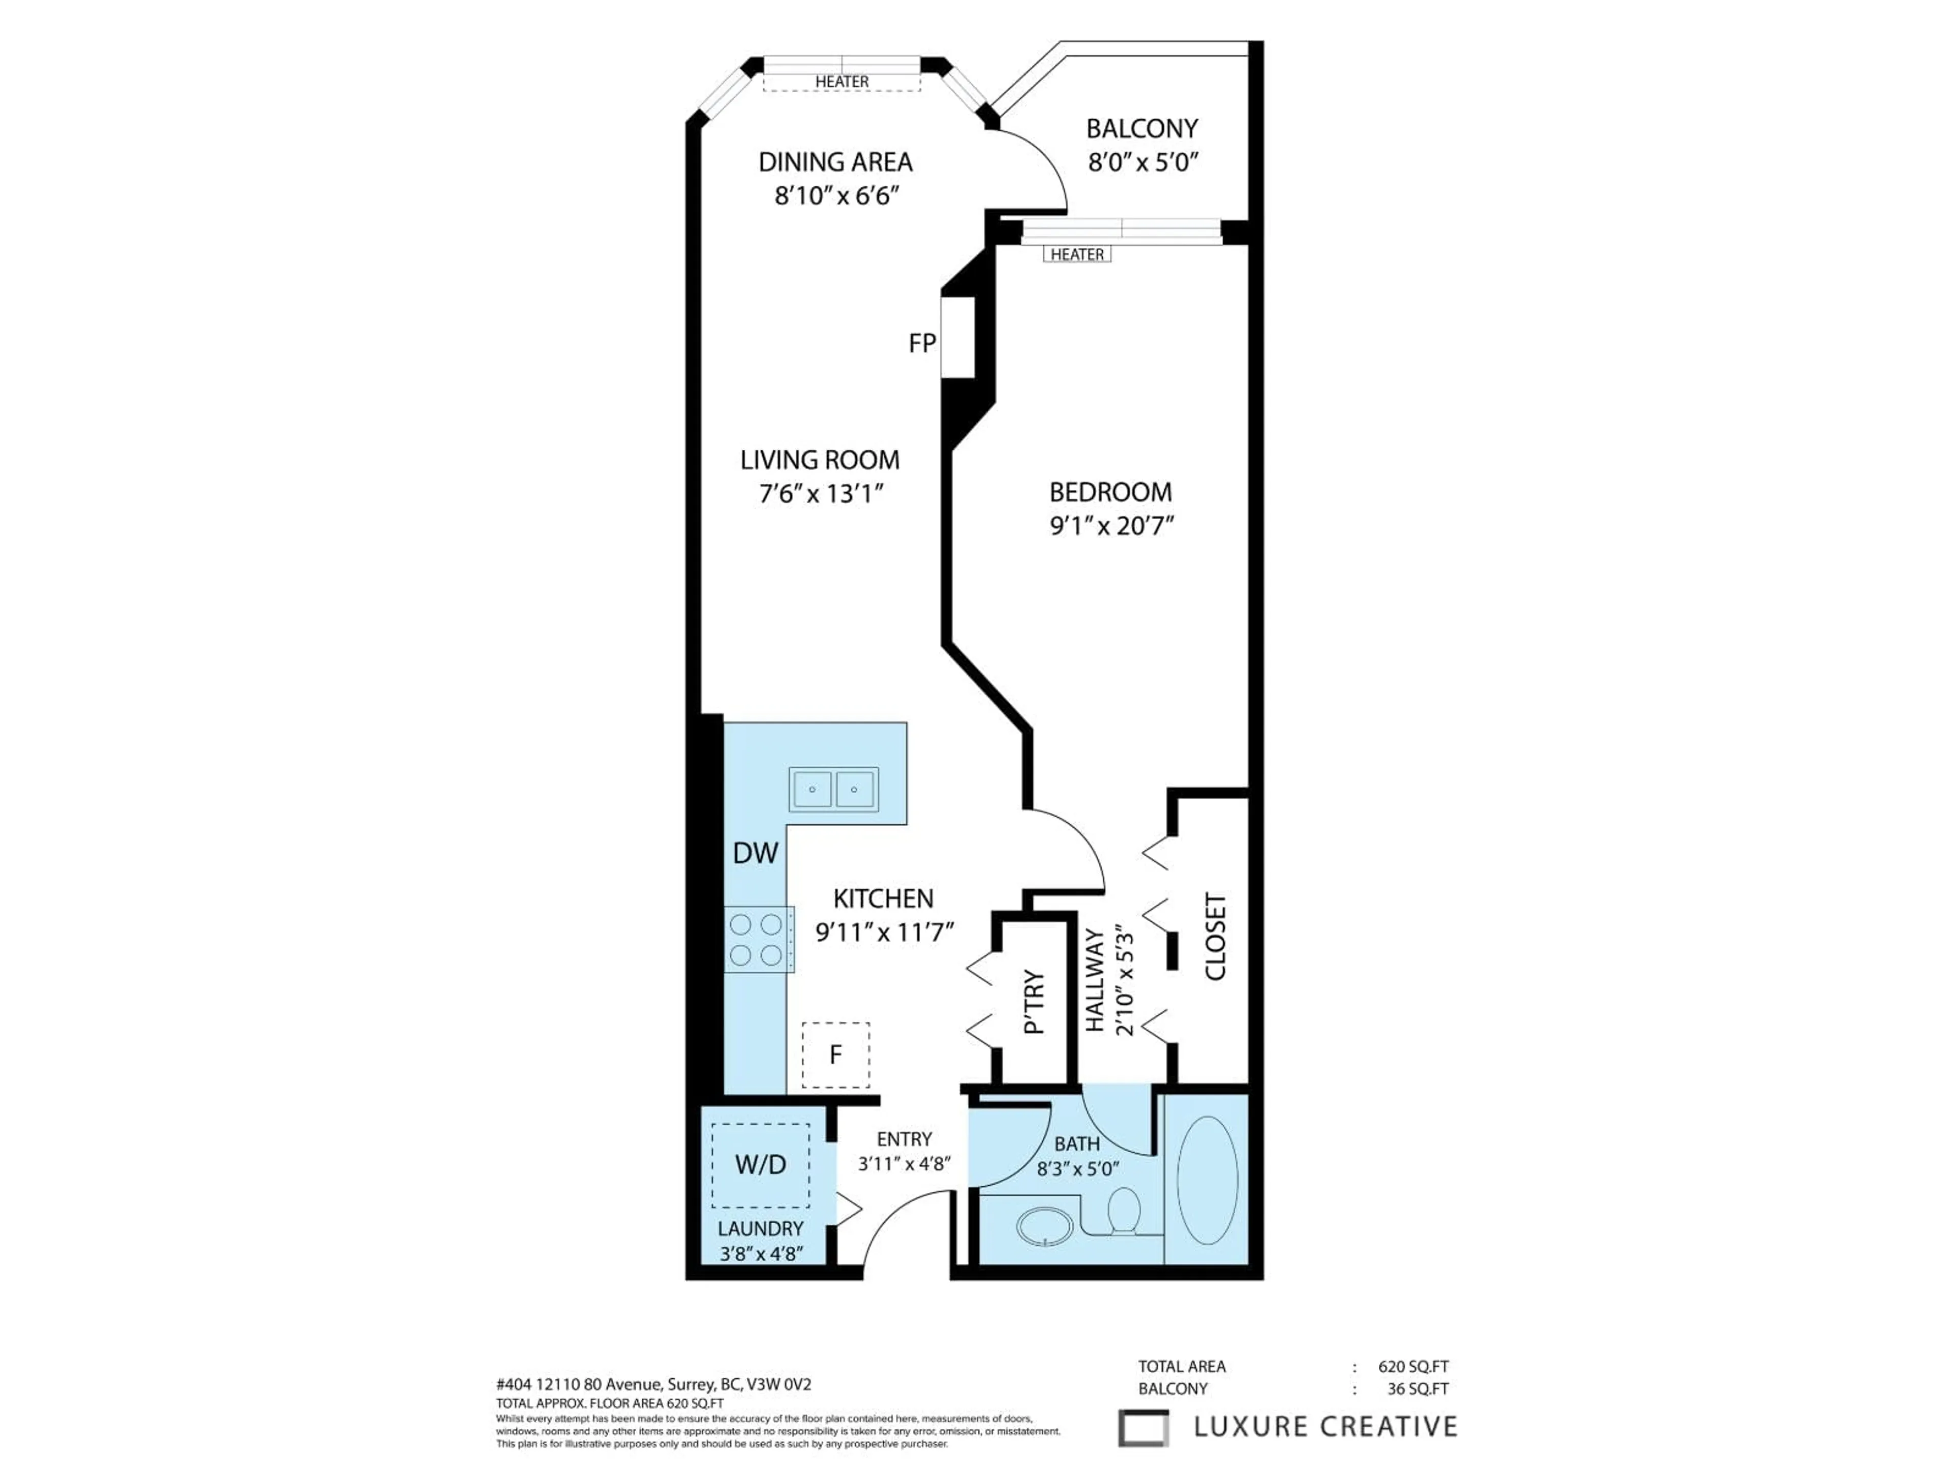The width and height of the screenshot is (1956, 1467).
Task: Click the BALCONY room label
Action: click(x=1142, y=129)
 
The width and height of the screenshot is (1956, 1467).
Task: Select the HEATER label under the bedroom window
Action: click(x=1076, y=255)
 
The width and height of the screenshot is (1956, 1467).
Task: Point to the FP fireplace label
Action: click(x=921, y=343)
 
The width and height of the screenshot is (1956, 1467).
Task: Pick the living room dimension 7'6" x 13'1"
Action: click(x=822, y=494)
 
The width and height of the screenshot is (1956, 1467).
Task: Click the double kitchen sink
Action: click(x=834, y=789)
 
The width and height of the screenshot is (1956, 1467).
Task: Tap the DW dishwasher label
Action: click(x=755, y=853)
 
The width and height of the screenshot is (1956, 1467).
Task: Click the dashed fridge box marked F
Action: click(x=835, y=1055)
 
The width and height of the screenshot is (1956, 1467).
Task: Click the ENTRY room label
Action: click(x=904, y=1139)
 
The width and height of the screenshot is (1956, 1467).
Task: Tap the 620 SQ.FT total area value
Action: click(x=1413, y=1366)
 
